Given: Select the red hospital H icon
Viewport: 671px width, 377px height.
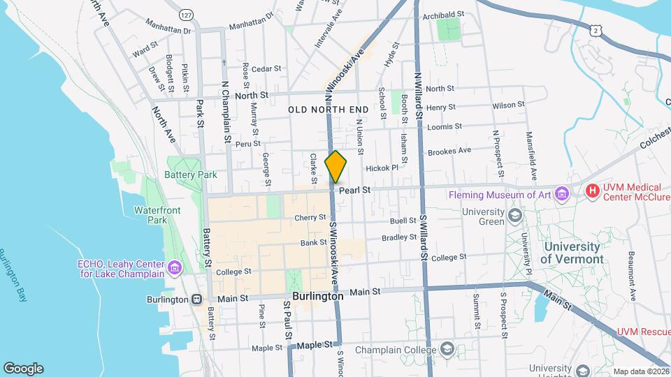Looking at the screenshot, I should click(x=593, y=190).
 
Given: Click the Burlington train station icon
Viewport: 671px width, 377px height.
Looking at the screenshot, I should click(x=197, y=299).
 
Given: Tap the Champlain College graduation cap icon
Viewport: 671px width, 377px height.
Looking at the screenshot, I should click(x=447, y=349).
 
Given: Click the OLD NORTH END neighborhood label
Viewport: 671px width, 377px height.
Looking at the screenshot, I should click(x=328, y=110).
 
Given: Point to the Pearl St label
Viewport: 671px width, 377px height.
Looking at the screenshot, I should click(x=354, y=190).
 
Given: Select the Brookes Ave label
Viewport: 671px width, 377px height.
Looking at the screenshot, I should click(x=449, y=151).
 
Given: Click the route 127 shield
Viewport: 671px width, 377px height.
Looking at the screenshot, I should click(x=186, y=15).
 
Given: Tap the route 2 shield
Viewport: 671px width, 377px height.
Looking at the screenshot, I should click(x=594, y=30).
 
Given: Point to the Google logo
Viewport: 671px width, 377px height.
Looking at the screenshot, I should click(x=23, y=368).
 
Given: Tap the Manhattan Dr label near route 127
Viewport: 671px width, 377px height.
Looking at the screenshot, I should click(x=168, y=31).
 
